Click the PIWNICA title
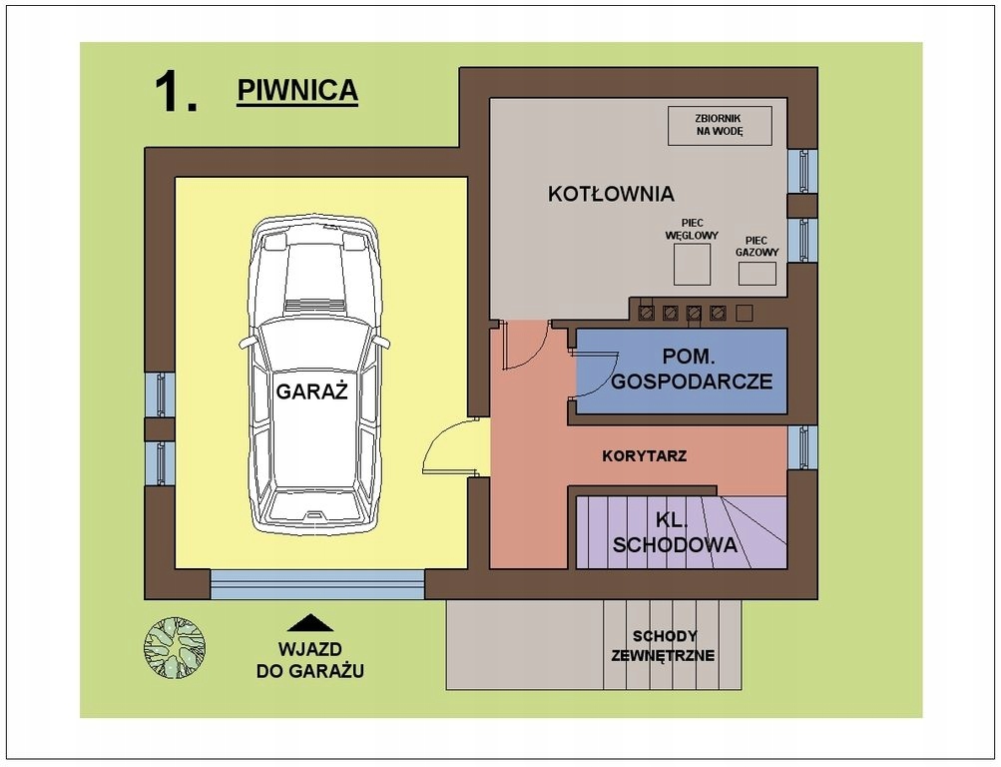(297, 90)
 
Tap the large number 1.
(175, 93)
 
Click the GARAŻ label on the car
(311, 390)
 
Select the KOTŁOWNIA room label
(611, 194)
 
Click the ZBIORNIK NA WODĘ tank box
(720, 125)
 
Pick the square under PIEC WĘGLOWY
(692, 265)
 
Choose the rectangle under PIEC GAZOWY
(757, 274)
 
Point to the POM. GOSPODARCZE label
(692, 369)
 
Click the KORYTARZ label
(644, 456)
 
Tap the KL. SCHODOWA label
(674, 532)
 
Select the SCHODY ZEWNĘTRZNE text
(664, 646)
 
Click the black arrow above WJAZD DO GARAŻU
(310, 623)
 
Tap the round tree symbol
(175, 647)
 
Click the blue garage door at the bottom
(317, 584)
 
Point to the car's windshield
(312, 344)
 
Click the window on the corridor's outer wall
(802, 447)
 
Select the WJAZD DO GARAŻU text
(310, 660)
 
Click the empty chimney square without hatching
(745, 313)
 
